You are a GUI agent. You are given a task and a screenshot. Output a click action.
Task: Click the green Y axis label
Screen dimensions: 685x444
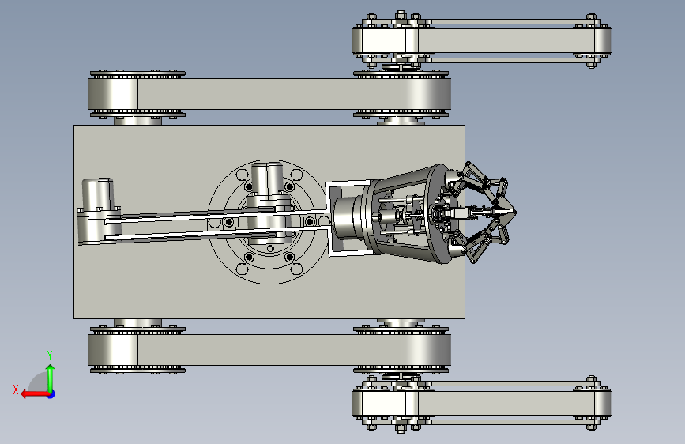point(50,355)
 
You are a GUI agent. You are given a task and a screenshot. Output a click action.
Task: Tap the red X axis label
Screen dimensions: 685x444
point(16,389)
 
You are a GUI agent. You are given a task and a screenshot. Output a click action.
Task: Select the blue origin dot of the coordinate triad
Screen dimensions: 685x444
point(51,394)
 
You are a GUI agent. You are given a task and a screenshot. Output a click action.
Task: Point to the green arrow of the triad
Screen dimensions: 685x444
point(51,378)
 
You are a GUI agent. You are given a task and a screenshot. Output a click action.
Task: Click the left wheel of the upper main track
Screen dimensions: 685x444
point(113,94)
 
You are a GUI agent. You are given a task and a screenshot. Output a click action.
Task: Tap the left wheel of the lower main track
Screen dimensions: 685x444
point(113,350)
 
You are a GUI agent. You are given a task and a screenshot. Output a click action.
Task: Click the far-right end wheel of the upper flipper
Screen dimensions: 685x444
point(602,40)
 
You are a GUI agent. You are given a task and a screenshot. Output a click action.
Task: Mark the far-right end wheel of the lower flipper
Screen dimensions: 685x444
point(602,403)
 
